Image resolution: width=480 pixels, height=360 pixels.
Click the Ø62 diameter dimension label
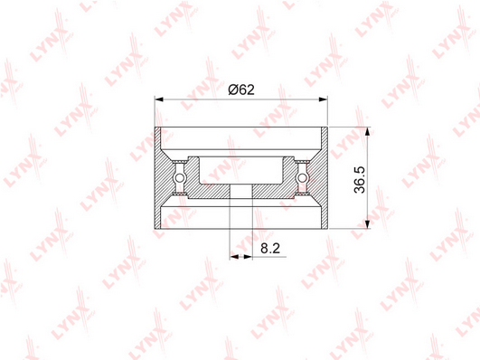(241, 90)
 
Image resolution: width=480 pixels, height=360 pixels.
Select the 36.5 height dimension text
(360, 179)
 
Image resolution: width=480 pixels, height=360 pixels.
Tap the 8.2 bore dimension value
(270, 248)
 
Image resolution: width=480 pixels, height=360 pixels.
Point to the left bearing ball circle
(179, 177)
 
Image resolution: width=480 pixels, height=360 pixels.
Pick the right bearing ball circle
(302, 177)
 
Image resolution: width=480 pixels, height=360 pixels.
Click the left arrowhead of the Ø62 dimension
(159, 99)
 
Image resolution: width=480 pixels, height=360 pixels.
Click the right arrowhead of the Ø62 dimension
(324, 99)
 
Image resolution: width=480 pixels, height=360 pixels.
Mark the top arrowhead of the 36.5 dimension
(368, 131)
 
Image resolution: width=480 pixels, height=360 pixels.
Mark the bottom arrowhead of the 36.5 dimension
(368, 224)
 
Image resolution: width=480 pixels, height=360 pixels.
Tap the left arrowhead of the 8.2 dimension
(234, 257)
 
